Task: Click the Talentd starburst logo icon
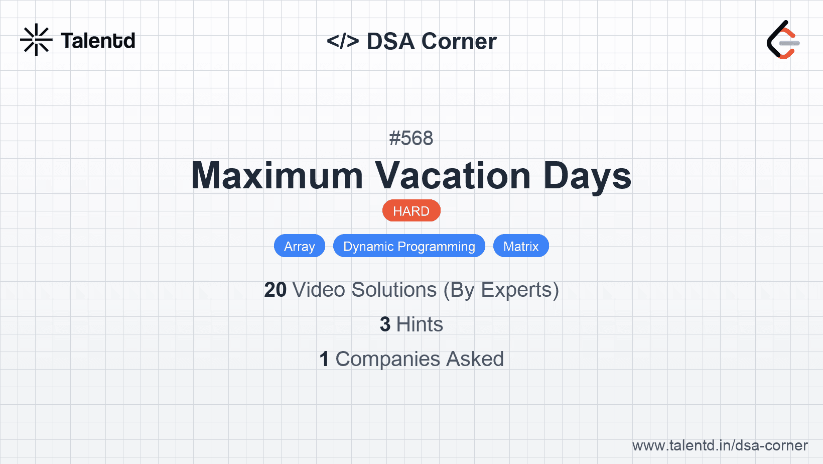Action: pos(36,40)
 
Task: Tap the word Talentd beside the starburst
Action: pos(98,41)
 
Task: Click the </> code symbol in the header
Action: pos(342,41)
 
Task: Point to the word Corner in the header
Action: pos(459,41)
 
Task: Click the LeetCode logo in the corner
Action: pos(783,40)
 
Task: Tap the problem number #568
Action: pos(411,138)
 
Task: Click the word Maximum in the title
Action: pos(277,176)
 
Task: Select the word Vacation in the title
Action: pos(453,176)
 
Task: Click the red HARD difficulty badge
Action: pos(411,211)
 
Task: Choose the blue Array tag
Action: pos(300,246)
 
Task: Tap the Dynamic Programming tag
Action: pos(409,246)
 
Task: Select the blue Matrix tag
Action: pos(521,246)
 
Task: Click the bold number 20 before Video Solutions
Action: pos(275,290)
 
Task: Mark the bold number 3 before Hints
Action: pos(385,324)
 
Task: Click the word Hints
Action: pos(420,324)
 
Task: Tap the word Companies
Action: pos(387,360)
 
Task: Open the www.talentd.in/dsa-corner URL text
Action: pos(720,445)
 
